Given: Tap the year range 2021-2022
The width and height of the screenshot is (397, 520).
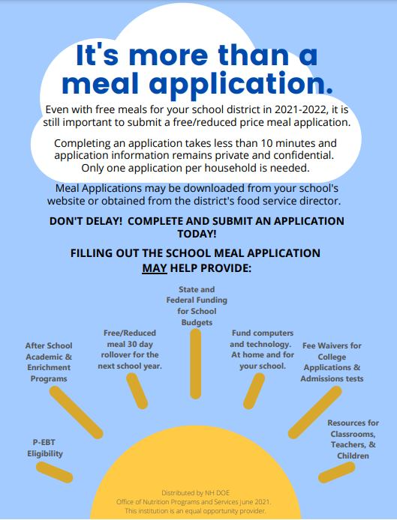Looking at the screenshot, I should pyautogui.click(x=300, y=109).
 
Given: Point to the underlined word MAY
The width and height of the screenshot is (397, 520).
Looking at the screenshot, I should pyautogui.click(x=154, y=267).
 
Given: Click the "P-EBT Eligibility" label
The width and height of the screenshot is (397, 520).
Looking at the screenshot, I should pyautogui.click(x=47, y=447).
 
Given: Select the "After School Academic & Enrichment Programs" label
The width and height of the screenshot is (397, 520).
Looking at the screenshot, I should pyautogui.click(x=49, y=362).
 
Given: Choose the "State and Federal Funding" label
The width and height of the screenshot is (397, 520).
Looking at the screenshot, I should pyautogui.click(x=197, y=305).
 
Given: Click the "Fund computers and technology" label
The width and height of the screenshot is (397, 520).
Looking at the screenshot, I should pyautogui.click(x=262, y=349).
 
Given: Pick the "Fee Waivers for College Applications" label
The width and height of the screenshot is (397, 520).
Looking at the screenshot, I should pyautogui.click(x=332, y=362).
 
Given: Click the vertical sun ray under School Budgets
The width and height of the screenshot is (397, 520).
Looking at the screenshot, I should pyautogui.click(x=196, y=363).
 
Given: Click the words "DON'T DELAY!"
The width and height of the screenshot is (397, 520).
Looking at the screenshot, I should pyautogui.click(x=82, y=221).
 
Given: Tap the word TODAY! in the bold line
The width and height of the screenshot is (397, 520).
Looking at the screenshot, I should pyautogui.click(x=197, y=233).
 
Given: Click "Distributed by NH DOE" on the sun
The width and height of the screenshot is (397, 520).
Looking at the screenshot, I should pyautogui.click(x=197, y=492).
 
